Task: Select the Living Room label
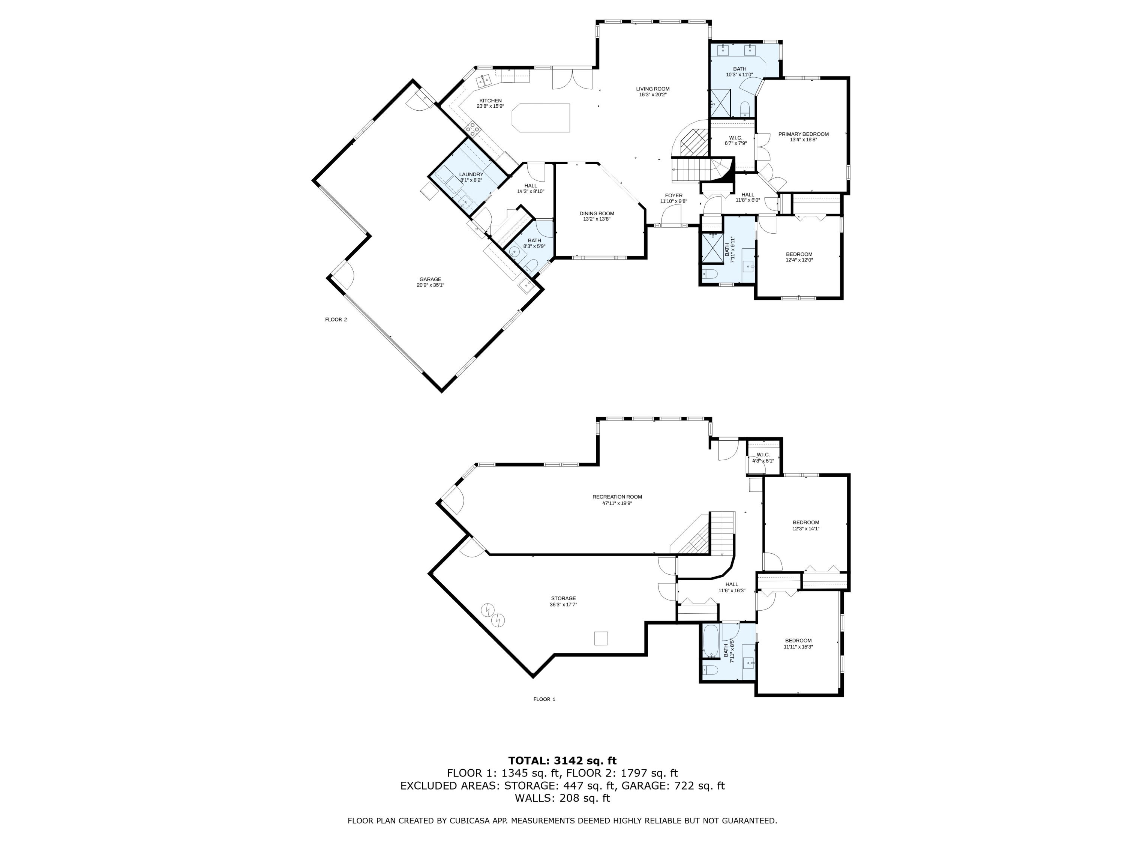click(652, 89)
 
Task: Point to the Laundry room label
click(471, 174)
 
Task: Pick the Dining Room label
click(597, 214)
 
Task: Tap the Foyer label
click(673, 195)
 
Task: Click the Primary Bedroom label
click(803, 134)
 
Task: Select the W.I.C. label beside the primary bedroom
click(735, 138)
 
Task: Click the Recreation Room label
click(617, 497)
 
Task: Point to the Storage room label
click(563, 598)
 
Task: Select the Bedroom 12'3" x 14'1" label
click(805, 523)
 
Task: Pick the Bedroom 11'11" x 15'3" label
click(798, 641)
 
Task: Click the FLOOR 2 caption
click(336, 320)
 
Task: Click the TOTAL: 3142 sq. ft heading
click(562, 761)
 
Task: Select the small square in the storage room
click(601, 638)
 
